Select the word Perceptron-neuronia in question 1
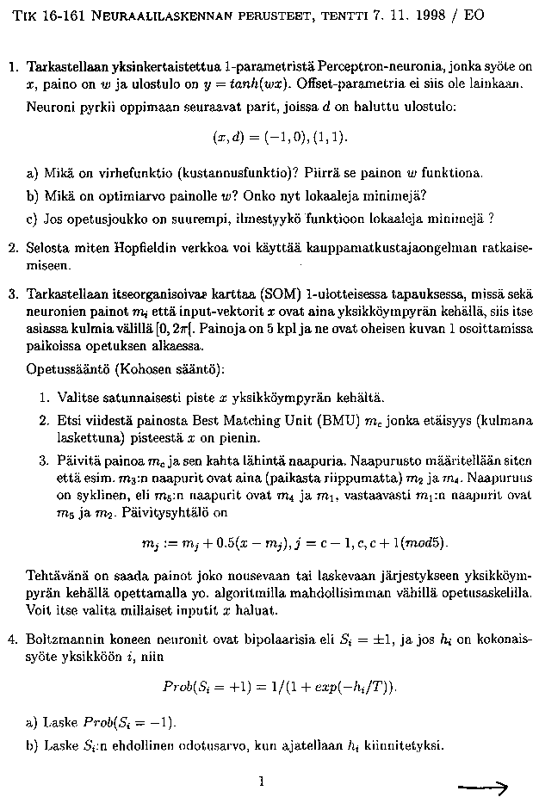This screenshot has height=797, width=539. pos(368,66)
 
